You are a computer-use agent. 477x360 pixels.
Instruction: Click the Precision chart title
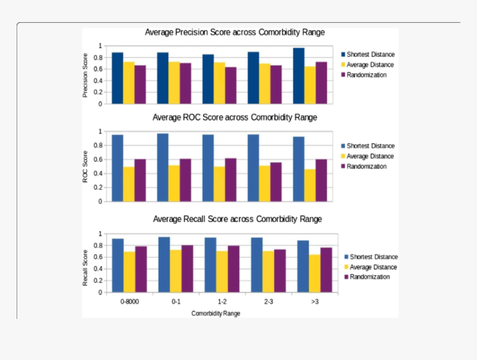[x=235, y=33]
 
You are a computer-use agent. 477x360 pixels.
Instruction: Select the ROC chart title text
[x=235, y=118]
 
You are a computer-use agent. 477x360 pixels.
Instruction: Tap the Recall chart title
[x=237, y=219]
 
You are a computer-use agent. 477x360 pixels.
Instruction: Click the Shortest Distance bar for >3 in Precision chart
[x=298, y=76]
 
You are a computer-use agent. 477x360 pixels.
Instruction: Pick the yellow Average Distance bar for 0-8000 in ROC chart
[x=129, y=184]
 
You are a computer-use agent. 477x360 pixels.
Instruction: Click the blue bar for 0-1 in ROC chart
[x=163, y=168]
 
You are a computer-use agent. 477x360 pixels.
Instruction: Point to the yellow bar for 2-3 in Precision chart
[x=265, y=84]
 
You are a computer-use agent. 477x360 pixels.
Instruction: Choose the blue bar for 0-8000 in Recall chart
[x=118, y=266]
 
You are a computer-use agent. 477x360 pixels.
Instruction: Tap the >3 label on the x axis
[x=314, y=302]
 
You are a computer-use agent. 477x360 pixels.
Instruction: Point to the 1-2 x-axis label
[x=222, y=302]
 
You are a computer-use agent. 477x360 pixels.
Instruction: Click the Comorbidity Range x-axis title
[x=216, y=313]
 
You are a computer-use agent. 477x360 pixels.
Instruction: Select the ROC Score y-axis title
[x=85, y=166]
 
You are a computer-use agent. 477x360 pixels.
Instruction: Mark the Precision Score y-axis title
[x=85, y=75]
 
